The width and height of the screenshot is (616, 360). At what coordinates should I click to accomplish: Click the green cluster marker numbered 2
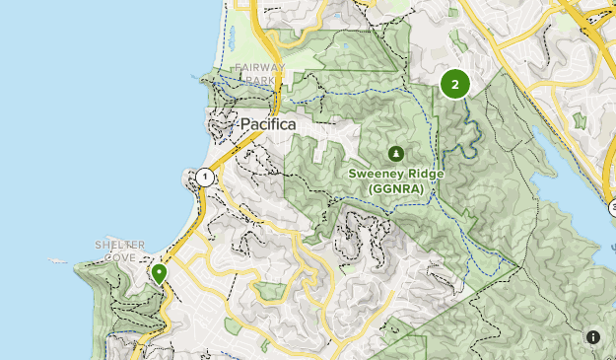coord(454,84)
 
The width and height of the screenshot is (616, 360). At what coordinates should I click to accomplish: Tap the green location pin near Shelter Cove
coord(158,273)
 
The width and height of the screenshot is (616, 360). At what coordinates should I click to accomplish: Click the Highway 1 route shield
coord(204,178)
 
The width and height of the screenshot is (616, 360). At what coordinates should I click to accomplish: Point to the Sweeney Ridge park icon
coord(395,153)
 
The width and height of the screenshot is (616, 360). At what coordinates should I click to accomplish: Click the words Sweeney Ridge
coord(395,174)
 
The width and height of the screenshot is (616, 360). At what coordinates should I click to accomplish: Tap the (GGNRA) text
coord(395,187)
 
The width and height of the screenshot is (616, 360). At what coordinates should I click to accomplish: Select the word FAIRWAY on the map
coord(259,68)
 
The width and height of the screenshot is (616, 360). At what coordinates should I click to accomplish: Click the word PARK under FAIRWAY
coord(259,80)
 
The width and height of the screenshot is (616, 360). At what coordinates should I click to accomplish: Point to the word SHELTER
coord(120,245)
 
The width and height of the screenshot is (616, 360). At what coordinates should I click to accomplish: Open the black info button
coord(593,337)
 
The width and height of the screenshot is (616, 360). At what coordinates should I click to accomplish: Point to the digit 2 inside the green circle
coord(454,84)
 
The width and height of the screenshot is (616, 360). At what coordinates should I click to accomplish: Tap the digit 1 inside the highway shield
coord(204,178)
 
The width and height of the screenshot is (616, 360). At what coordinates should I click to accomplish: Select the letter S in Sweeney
coord(353,174)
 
